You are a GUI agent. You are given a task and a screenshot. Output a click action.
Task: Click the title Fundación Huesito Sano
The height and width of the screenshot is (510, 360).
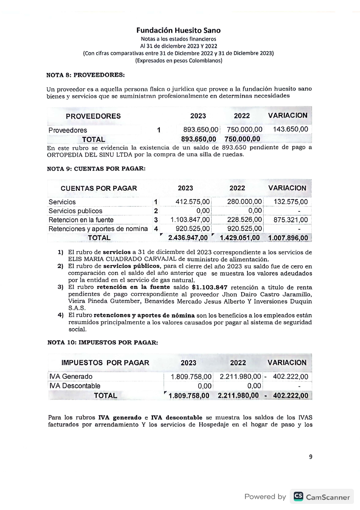(178, 31)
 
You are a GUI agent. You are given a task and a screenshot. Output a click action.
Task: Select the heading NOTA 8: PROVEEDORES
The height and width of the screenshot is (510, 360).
(85, 75)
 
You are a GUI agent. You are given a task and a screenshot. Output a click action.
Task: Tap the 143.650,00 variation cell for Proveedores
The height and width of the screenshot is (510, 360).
(290, 129)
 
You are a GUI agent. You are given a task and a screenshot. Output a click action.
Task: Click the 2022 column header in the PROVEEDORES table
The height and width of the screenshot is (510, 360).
(242, 116)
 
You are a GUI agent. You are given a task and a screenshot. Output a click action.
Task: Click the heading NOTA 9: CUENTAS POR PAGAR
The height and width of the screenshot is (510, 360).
(96, 169)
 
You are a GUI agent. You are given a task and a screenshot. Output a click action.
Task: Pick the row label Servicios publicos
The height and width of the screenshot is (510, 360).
(75, 211)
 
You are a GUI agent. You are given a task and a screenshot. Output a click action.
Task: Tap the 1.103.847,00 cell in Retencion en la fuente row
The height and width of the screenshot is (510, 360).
(190, 220)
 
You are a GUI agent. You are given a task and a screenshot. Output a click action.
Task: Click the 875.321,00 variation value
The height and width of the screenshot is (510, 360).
(290, 220)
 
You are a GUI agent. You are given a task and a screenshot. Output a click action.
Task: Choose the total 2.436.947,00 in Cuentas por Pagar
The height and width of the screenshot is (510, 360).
(188, 238)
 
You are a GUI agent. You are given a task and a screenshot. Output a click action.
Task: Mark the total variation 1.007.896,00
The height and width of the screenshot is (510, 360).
(288, 238)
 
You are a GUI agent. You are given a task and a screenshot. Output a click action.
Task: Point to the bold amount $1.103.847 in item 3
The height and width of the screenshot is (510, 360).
(210, 287)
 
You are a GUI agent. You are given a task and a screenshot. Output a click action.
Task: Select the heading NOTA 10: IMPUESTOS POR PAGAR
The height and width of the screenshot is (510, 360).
(102, 343)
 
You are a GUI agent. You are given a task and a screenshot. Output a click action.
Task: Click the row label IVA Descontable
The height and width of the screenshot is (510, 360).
(75, 386)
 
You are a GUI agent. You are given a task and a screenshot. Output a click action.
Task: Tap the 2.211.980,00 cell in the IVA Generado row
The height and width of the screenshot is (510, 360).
(240, 377)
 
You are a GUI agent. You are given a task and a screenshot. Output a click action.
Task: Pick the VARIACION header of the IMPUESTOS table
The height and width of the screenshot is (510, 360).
(287, 363)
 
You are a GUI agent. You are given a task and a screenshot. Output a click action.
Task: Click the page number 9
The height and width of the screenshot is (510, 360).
(310, 457)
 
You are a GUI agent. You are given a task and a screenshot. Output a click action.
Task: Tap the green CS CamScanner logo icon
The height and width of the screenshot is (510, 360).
(298, 496)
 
